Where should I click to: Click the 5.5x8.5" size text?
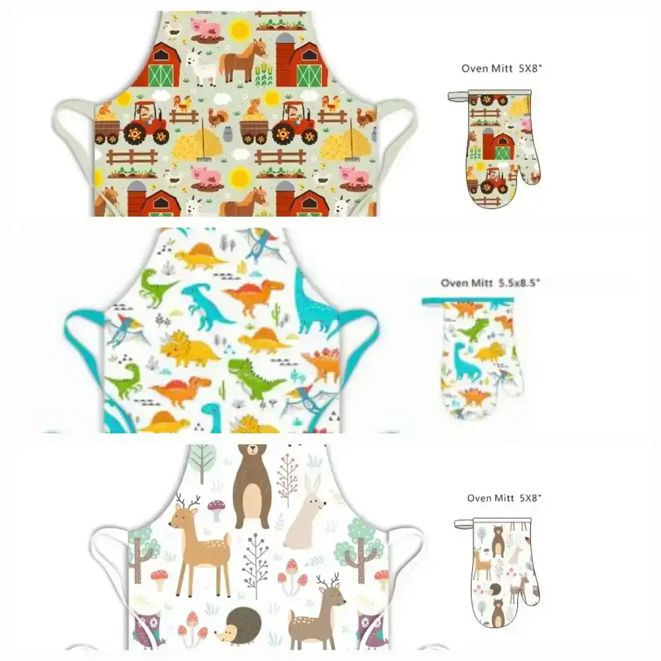519,282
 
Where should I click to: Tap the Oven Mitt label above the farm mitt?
487,68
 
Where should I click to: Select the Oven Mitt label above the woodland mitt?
490,498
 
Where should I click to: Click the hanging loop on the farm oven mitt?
458,96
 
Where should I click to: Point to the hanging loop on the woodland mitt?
464,524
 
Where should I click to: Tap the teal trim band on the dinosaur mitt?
467,301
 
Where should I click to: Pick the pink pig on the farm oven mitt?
525,124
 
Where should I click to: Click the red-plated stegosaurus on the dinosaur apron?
323,363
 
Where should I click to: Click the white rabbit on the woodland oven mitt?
515,555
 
